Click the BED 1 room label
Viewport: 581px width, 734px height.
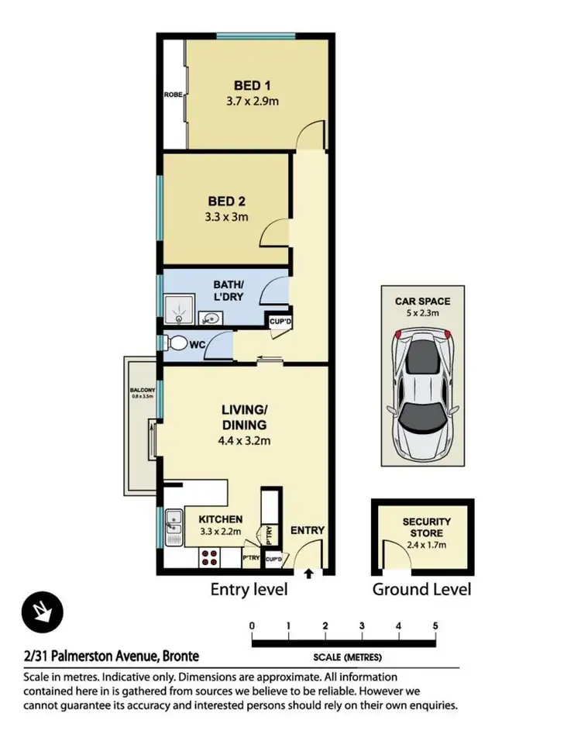coord(253,85)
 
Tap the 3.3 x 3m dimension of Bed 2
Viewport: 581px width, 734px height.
coord(226,217)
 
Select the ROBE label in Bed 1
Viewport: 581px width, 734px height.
coord(172,95)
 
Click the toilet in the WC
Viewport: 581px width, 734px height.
coord(176,343)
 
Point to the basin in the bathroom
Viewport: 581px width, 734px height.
coord(209,317)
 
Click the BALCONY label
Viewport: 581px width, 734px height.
coord(143,390)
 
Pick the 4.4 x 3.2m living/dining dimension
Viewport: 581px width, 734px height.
coord(245,441)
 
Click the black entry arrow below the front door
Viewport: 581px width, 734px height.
coord(309,574)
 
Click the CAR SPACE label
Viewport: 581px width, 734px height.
coord(422,301)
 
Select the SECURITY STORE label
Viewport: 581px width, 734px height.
coord(426,528)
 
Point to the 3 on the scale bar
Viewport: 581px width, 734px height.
coord(362,625)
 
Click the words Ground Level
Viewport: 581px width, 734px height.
coord(421,589)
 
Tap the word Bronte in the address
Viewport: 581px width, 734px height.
coord(180,656)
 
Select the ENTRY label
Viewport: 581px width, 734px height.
coord(308,530)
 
